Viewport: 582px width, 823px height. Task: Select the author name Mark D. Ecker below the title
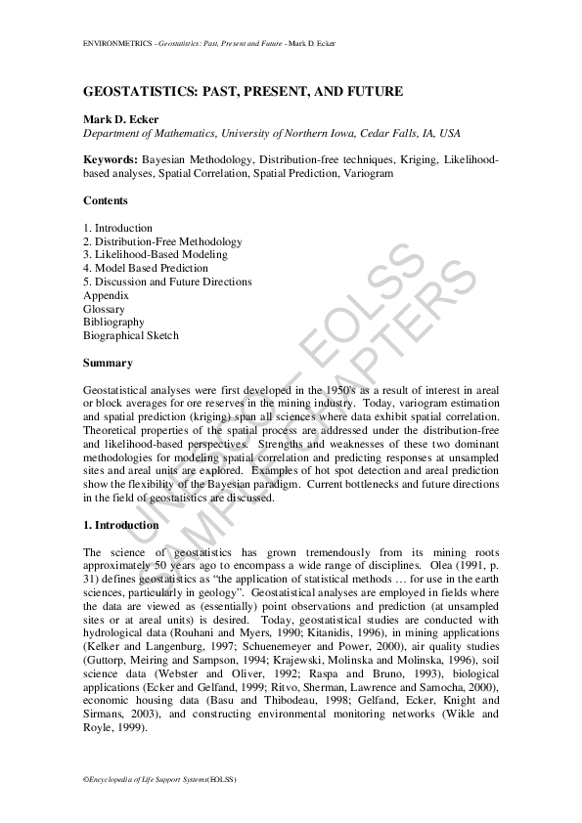[x=119, y=119]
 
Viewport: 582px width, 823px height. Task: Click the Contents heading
[x=106, y=200]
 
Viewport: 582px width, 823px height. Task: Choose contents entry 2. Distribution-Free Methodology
[x=162, y=241]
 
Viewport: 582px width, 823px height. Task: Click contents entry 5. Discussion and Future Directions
[x=167, y=282]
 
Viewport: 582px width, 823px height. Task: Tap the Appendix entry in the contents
[x=106, y=295]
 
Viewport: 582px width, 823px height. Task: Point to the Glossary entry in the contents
[x=104, y=309]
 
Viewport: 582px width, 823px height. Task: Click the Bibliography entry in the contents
[x=113, y=322]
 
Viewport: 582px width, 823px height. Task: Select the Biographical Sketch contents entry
[x=131, y=335]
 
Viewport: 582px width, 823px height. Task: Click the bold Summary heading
[x=108, y=363]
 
